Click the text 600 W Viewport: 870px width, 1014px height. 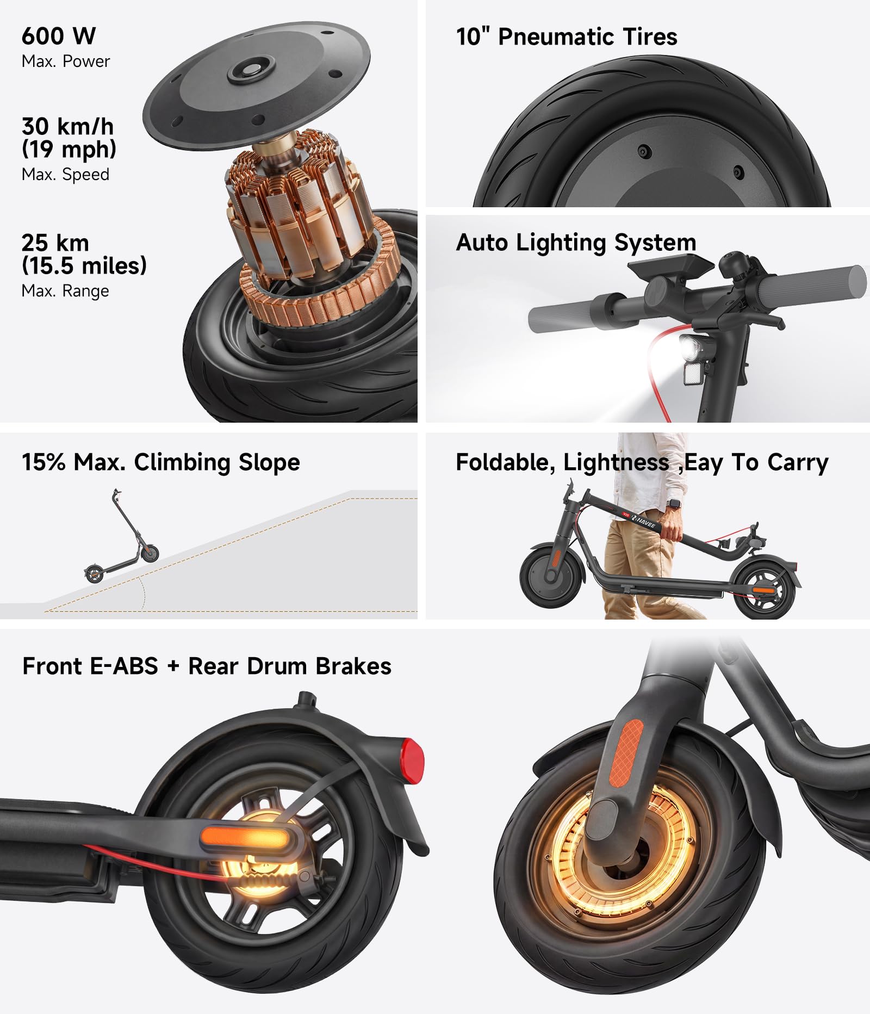59,36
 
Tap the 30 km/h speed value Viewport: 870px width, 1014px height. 67,126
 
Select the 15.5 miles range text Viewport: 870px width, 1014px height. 84,266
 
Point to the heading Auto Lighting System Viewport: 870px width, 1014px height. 576,243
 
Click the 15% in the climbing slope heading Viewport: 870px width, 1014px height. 43,462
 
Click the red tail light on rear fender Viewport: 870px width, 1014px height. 413,759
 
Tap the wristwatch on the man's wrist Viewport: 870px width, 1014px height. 674,503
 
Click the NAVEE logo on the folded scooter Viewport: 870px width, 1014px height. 645,522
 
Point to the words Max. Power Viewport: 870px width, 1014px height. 65,61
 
